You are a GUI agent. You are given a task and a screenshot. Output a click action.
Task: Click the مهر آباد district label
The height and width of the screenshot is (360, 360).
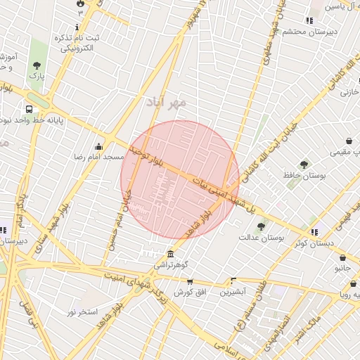coord(166,103)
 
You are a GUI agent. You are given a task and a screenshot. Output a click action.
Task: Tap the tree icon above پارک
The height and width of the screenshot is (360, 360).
coord(36,66)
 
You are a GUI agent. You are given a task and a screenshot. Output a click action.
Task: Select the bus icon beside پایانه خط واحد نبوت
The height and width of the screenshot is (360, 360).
coord(29,110)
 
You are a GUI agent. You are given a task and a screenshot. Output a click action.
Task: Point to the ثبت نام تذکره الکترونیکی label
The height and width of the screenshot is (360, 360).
coord(77,43)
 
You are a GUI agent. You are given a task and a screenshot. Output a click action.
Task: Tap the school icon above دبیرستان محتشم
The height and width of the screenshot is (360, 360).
coord(309,20)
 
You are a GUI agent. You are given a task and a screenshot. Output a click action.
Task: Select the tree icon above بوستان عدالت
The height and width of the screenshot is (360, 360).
coord(261,226)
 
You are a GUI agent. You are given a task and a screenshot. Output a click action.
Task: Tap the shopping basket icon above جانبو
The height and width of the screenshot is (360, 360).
coord(342,258)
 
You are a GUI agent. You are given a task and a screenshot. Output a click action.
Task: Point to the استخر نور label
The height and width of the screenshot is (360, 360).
coord(82,311)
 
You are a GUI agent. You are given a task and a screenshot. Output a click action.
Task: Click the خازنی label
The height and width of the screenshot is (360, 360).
coord(349,92)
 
